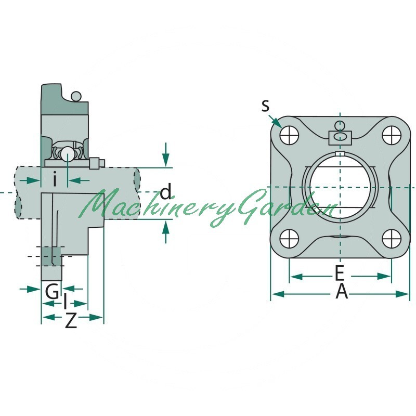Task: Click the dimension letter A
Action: point(342,291)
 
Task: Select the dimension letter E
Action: point(340,273)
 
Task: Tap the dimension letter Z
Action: point(71,320)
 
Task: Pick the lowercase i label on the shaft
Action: point(55,179)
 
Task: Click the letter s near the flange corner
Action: point(265,106)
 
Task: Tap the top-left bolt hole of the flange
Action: point(289,135)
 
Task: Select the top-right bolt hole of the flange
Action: point(392,135)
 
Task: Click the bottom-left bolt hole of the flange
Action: point(289,239)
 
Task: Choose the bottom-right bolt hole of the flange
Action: point(392,239)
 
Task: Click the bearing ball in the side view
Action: point(68,153)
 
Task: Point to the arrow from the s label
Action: point(275,122)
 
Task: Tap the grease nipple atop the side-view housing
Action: point(76,96)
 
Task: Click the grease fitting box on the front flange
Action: point(340,138)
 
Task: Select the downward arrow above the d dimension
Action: point(166,154)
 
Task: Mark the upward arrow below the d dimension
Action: point(166,231)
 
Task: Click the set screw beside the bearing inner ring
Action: point(97,163)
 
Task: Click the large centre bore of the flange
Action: point(340,187)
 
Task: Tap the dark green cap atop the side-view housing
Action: point(63,100)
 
